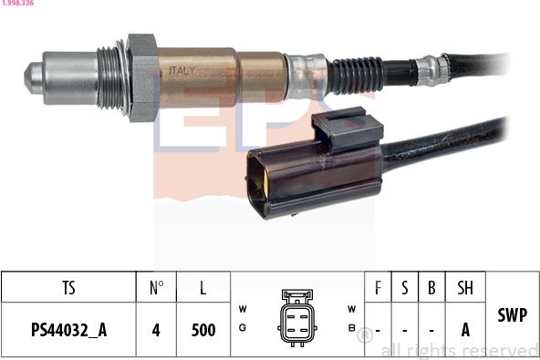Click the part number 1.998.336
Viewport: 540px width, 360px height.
click(x=17, y=4)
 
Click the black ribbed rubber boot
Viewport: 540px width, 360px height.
click(x=356, y=74)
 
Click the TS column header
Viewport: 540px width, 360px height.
click(x=68, y=288)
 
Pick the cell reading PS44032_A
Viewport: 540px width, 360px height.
click(x=68, y=330)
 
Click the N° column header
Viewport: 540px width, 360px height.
click(x=156, y=288)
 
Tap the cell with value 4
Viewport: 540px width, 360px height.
click(x=156, y=330)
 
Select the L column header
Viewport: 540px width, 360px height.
click(x=202, y=288)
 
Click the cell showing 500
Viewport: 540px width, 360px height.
click(x=202, y=330)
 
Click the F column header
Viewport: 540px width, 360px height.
click(x=379, y=288)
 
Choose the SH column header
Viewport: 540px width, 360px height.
click(x=465, y=288)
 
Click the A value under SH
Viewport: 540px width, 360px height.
click(x=465, y=330)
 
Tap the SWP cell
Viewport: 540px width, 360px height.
click(x=512, y=315)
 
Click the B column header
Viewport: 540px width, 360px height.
click(x=431, y=288)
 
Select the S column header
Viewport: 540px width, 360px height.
click(x=405, y=288)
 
